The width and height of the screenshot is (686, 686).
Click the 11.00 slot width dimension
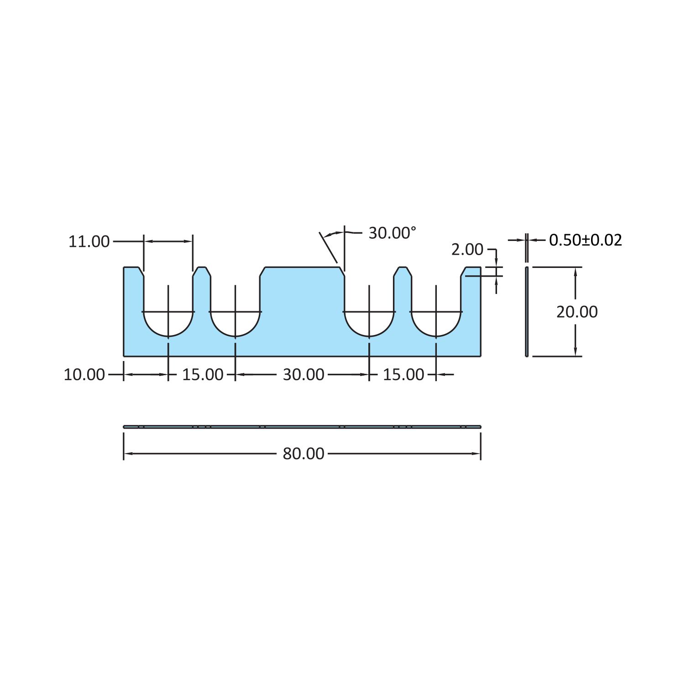(x=89, y=241)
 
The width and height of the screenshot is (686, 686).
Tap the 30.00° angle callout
(x=393, y=233)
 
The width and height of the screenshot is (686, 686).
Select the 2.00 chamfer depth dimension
(x=467, y=249)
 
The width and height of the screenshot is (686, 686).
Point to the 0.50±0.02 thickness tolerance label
(x=586, y=240)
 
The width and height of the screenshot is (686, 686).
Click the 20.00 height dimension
(x=577, y=312)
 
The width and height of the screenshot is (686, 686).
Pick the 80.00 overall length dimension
(x=304, y=454)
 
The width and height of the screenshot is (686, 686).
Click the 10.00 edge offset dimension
(x=84, y=375)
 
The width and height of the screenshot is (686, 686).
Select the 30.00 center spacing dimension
(x=304, y=375)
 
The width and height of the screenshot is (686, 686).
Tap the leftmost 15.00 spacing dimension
(x=203, y=375)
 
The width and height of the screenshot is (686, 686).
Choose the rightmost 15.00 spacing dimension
(x=403, y=375)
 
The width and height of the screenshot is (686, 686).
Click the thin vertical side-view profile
(x=527, y=311)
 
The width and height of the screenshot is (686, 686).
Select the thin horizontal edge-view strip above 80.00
(x=302, y=427)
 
